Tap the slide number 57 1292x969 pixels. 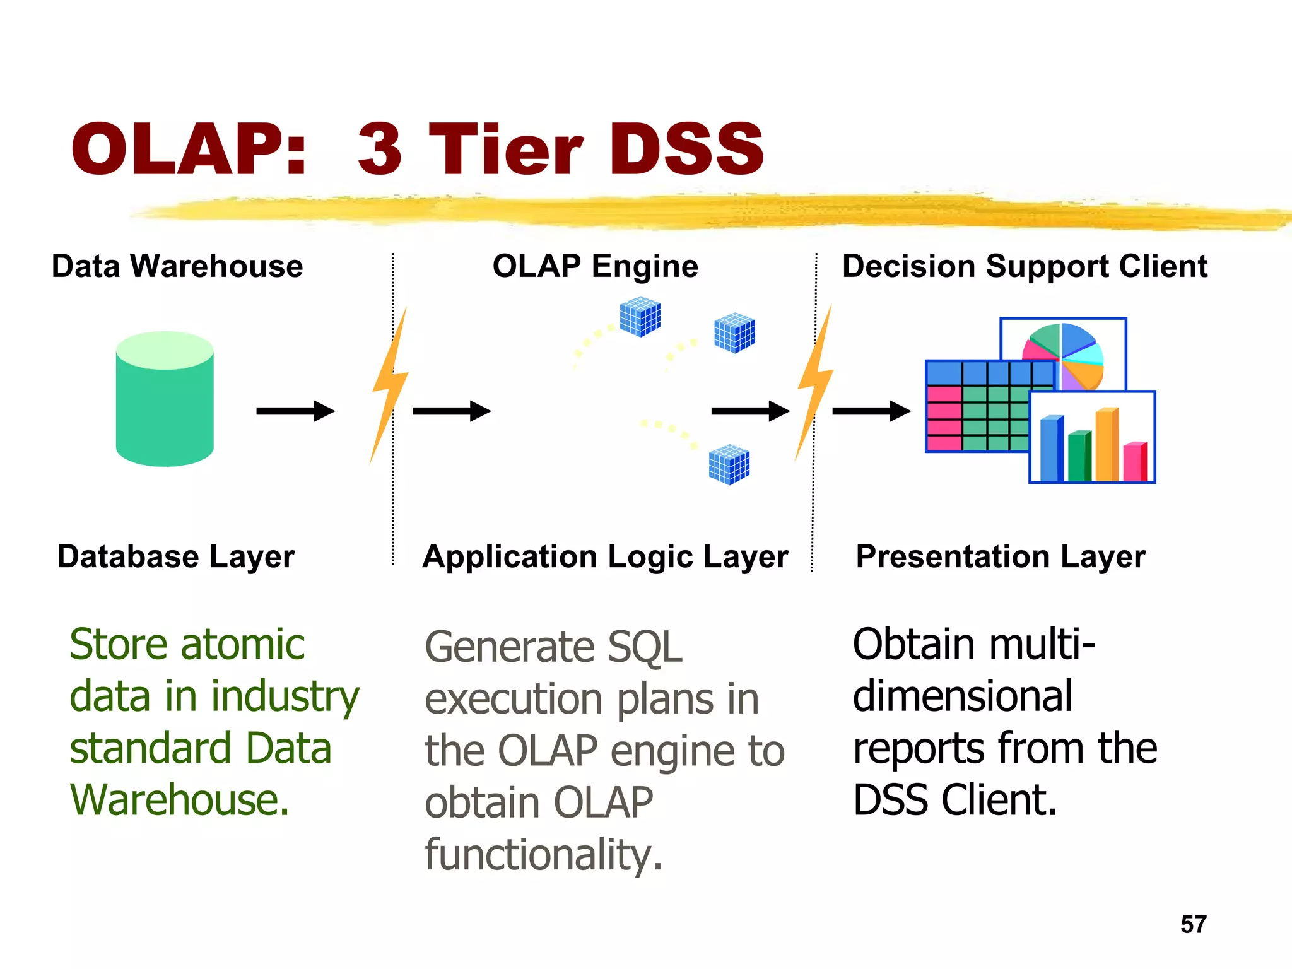coord(1193,924)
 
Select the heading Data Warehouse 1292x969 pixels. coord(177,266)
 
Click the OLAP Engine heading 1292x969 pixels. coord(595,266)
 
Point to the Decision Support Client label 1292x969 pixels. coord(1025,266)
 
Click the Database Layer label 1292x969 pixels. coord(175,556)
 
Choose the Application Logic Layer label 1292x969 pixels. coord(605,557)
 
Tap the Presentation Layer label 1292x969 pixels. coord(1001,556)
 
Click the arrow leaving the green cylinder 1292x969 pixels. coord(295,411)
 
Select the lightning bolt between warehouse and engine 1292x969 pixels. coord(389,385)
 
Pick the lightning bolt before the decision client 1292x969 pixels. coord(814,382)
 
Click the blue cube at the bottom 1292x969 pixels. coord(729,465)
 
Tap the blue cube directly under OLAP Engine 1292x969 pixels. coord(640,317)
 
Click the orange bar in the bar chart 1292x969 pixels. coord(1107,445)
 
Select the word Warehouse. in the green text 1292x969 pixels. coord(180,800)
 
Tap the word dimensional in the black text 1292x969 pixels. coord(962,696)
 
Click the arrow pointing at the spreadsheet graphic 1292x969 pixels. coord(871,411)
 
